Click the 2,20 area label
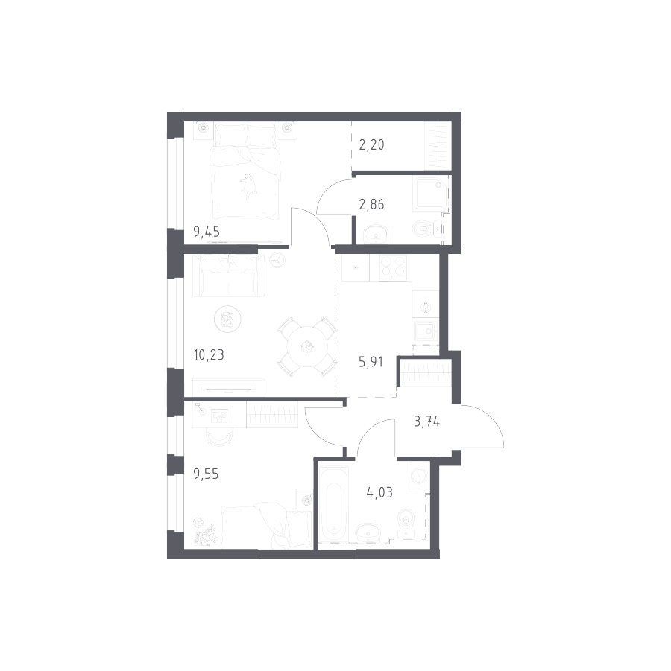[372, 146]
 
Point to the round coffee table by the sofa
[226, 320]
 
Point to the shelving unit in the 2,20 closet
[436, 147]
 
